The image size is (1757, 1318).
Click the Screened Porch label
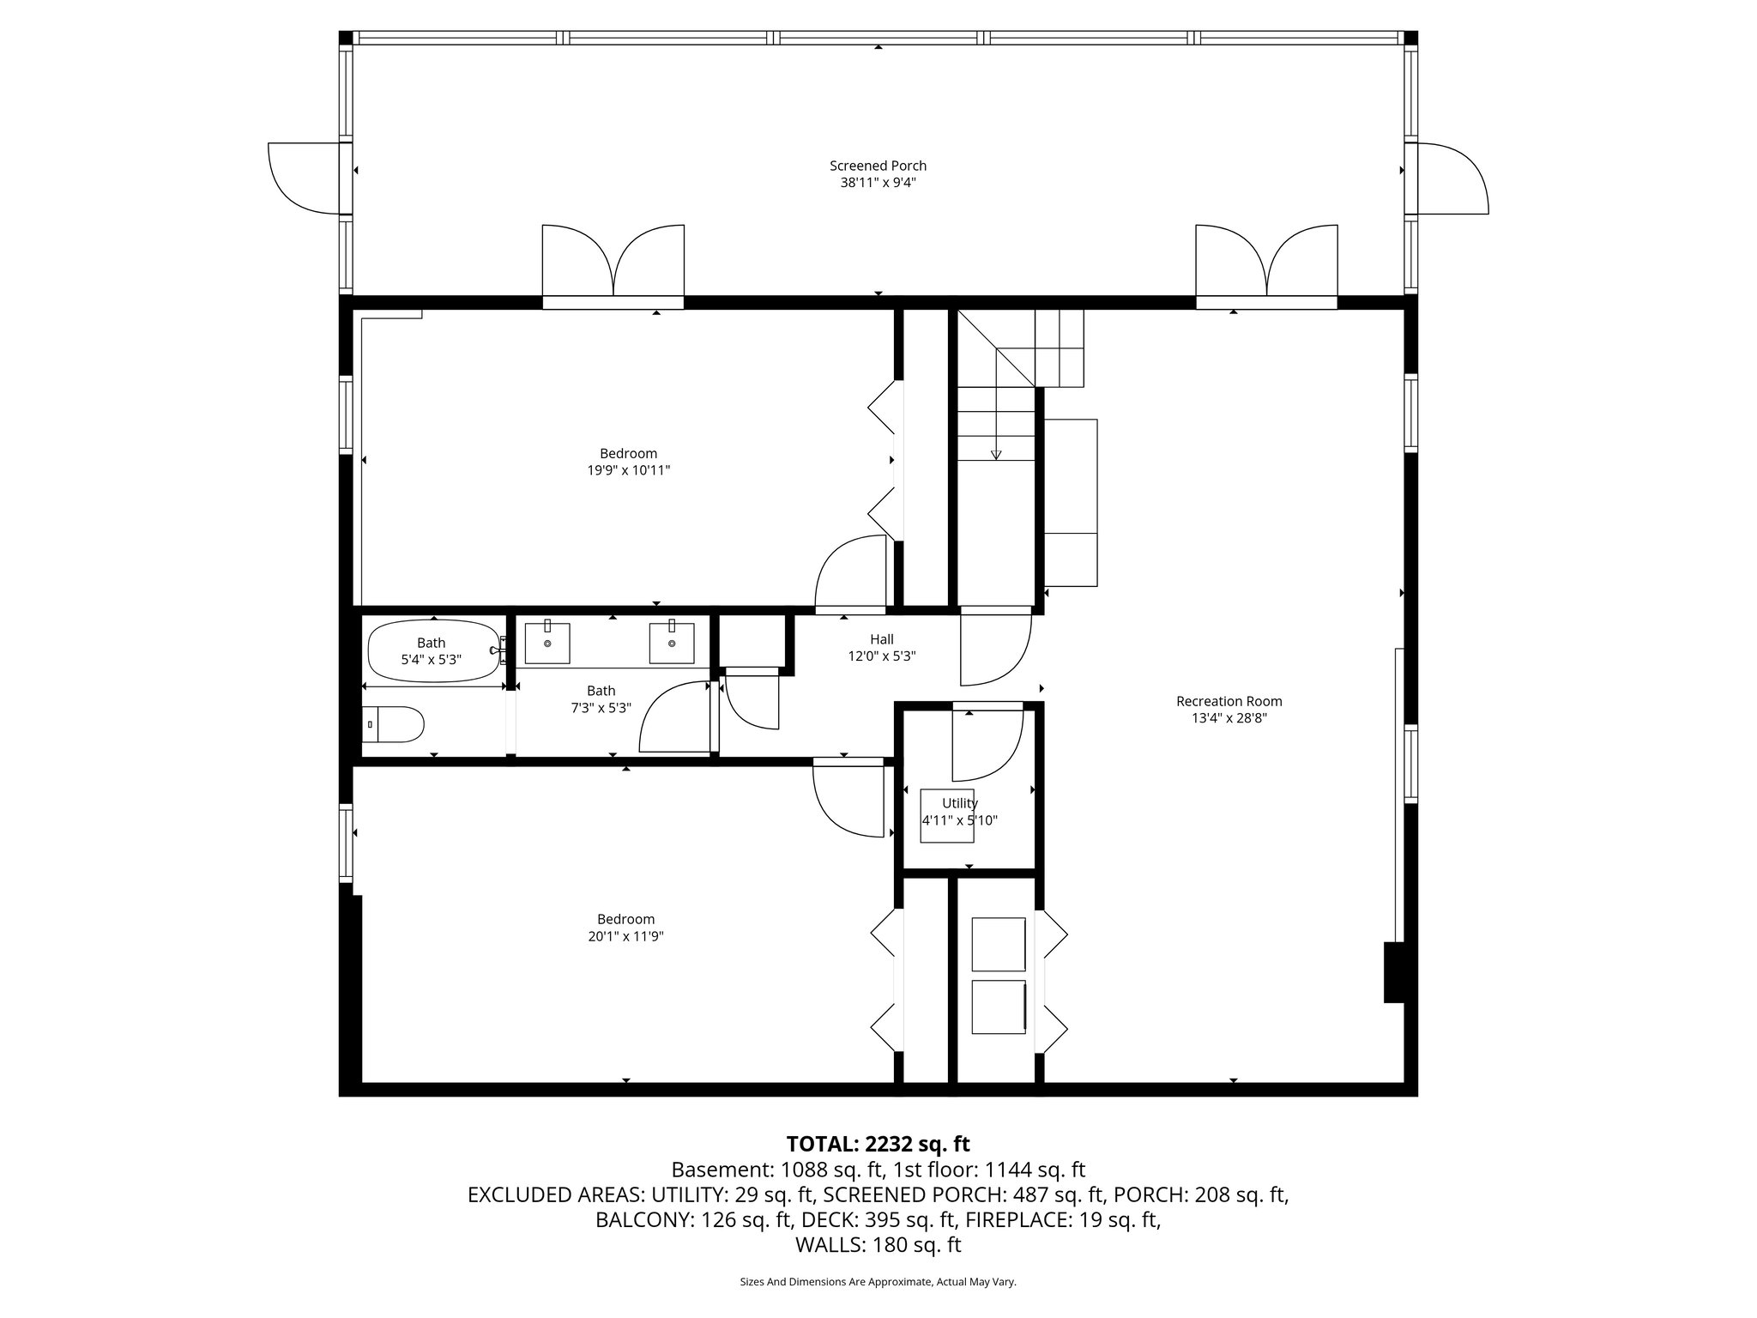coord(878,166)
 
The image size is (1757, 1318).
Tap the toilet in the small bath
coord(394,724)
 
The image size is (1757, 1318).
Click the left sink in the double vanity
coord(547,644)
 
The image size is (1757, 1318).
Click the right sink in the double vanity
coord(672,644)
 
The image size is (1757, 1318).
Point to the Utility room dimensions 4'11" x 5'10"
coord(959,820)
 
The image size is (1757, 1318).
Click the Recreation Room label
coord(1229,701)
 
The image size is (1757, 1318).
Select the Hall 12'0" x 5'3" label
coord(881,648)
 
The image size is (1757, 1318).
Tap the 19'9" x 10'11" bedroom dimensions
coord(629,470)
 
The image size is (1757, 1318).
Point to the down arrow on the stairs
coord(996,454)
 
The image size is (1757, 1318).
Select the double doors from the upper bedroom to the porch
coord(613,262)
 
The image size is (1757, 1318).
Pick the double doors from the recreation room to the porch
coord(1266,262)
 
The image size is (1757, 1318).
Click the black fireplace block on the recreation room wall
coord(1394,972)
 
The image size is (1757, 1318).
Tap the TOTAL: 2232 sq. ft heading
coord(878,1144)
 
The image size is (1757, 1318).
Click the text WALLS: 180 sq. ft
coord(878,1244)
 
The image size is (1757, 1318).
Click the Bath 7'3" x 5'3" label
coord(601,698)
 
